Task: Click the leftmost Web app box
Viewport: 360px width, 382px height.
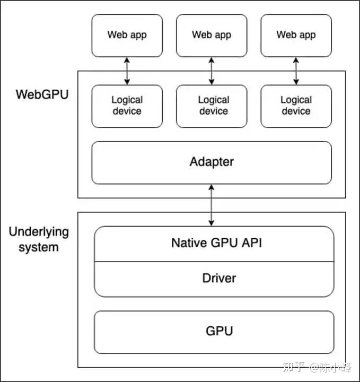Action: click(x=127, y=36)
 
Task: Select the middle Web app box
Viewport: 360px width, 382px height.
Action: click(x=212, y=36)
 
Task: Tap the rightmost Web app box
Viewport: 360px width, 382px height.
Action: click(x=296, y=36)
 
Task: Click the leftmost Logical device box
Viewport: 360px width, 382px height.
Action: click(x=127, y=106)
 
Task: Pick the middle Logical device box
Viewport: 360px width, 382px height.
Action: click(x=212, y=106)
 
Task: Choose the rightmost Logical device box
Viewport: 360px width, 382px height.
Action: click(x=296, y=106)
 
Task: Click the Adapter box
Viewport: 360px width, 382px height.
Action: click(x=212, y=162)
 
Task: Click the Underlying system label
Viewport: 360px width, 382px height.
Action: click(x=39, y=239)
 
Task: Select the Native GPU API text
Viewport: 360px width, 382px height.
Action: click(x=216, y=243)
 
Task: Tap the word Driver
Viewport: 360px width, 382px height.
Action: click(x=219, y=278)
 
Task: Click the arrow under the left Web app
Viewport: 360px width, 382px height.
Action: click(x=127, y=71)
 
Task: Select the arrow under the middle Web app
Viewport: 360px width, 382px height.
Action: click(x=212, y=71)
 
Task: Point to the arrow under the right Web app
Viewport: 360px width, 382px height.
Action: click(x=296, y=71)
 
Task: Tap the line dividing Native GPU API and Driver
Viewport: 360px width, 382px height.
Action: click(x=214, y=261)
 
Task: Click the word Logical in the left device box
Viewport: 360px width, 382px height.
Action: click(x=127, y=100)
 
